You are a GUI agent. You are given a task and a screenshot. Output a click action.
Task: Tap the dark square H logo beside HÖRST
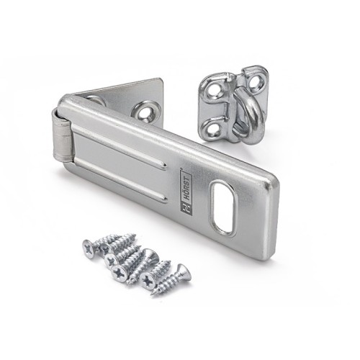coord(186,207)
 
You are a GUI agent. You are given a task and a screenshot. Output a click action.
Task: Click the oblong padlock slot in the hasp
coord(223,207)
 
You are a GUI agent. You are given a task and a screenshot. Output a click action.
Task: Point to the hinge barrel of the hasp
coord(62,135)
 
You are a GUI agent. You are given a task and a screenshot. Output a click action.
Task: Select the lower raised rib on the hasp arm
coord(120,179)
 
